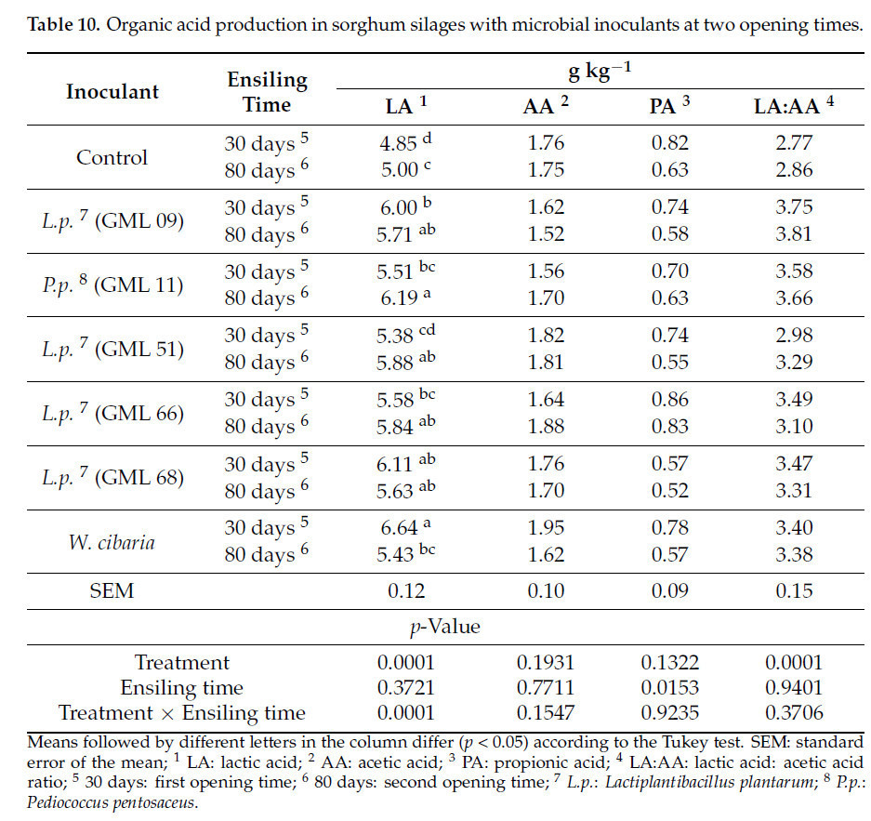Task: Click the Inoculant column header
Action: (112, 91)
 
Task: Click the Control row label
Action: (112, 156)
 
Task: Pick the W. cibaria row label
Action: (112, 542)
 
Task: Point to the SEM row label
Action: (112, 590)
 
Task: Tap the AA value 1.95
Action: (545, 528)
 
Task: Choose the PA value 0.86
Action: (668, 400)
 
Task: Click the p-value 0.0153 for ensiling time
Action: (668, 688)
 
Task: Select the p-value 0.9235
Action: (668, 713)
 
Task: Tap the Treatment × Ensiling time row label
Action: (182, 713)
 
